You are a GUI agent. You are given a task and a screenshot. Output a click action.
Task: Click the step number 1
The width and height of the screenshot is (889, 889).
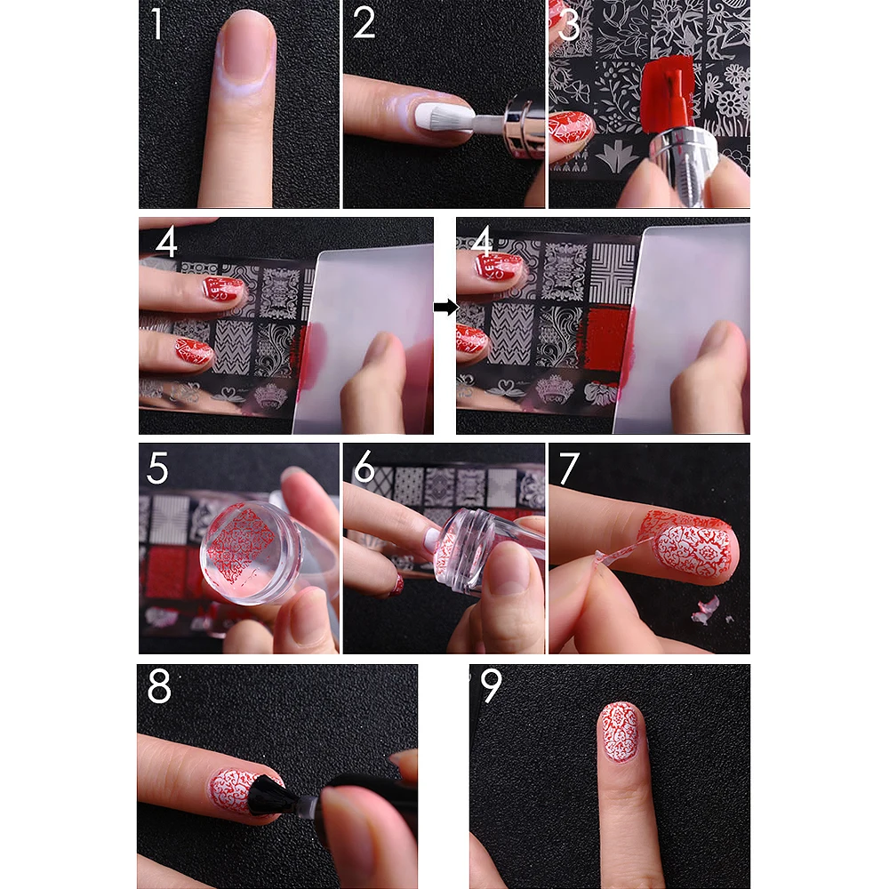coord(157,24)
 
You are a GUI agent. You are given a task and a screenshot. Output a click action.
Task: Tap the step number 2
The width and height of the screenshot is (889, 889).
coord(364,23)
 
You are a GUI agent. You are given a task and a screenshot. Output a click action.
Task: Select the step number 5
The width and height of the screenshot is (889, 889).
coord(157,469)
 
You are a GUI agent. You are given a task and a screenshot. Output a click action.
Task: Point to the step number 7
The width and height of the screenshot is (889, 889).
coord(569,469)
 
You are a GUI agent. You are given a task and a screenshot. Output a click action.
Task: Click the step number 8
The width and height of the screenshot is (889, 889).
coord(159,686)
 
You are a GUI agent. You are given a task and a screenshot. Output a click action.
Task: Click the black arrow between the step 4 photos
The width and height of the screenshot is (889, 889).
coord(445,308)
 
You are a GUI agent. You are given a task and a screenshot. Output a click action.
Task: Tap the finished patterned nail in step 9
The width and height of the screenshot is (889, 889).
coord(621,732)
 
